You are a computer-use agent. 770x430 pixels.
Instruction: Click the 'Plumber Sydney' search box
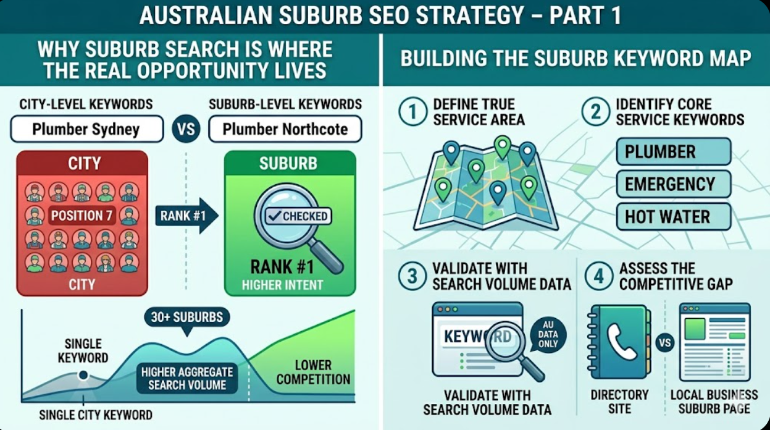point(86,130)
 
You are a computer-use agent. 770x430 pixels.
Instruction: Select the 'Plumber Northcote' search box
point(285,130)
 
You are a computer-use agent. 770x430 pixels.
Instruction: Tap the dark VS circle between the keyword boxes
point(186,130)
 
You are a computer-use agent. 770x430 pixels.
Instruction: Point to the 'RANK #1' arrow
point(186,216)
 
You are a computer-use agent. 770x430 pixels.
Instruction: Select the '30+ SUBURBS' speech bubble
point(187,318)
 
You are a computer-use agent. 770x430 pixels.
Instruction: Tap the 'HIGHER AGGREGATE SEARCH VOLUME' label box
point(187,378)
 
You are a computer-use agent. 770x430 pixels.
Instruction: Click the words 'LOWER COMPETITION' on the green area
point(313,372)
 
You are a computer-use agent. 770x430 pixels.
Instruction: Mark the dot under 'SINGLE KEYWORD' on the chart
point(83,375)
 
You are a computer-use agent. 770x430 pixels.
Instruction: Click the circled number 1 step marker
point(412,112)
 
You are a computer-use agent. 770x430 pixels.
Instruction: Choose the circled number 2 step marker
point(596,112)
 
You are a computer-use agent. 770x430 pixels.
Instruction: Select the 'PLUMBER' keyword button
point(673,151)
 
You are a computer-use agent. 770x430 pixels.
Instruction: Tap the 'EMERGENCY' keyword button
point(673,184)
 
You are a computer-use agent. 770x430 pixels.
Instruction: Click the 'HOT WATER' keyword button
point(673,217)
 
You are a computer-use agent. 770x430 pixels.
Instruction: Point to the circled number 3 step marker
point(412,276)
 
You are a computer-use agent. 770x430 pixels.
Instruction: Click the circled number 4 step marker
point(598,276)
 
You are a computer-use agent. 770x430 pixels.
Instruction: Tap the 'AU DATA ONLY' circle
point(548,334)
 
